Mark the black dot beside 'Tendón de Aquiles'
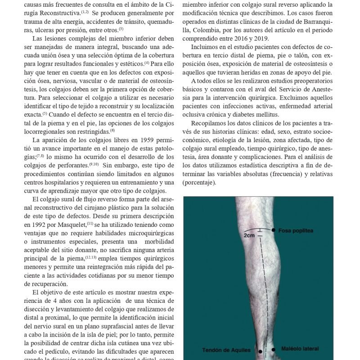click(x=260, y=351)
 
